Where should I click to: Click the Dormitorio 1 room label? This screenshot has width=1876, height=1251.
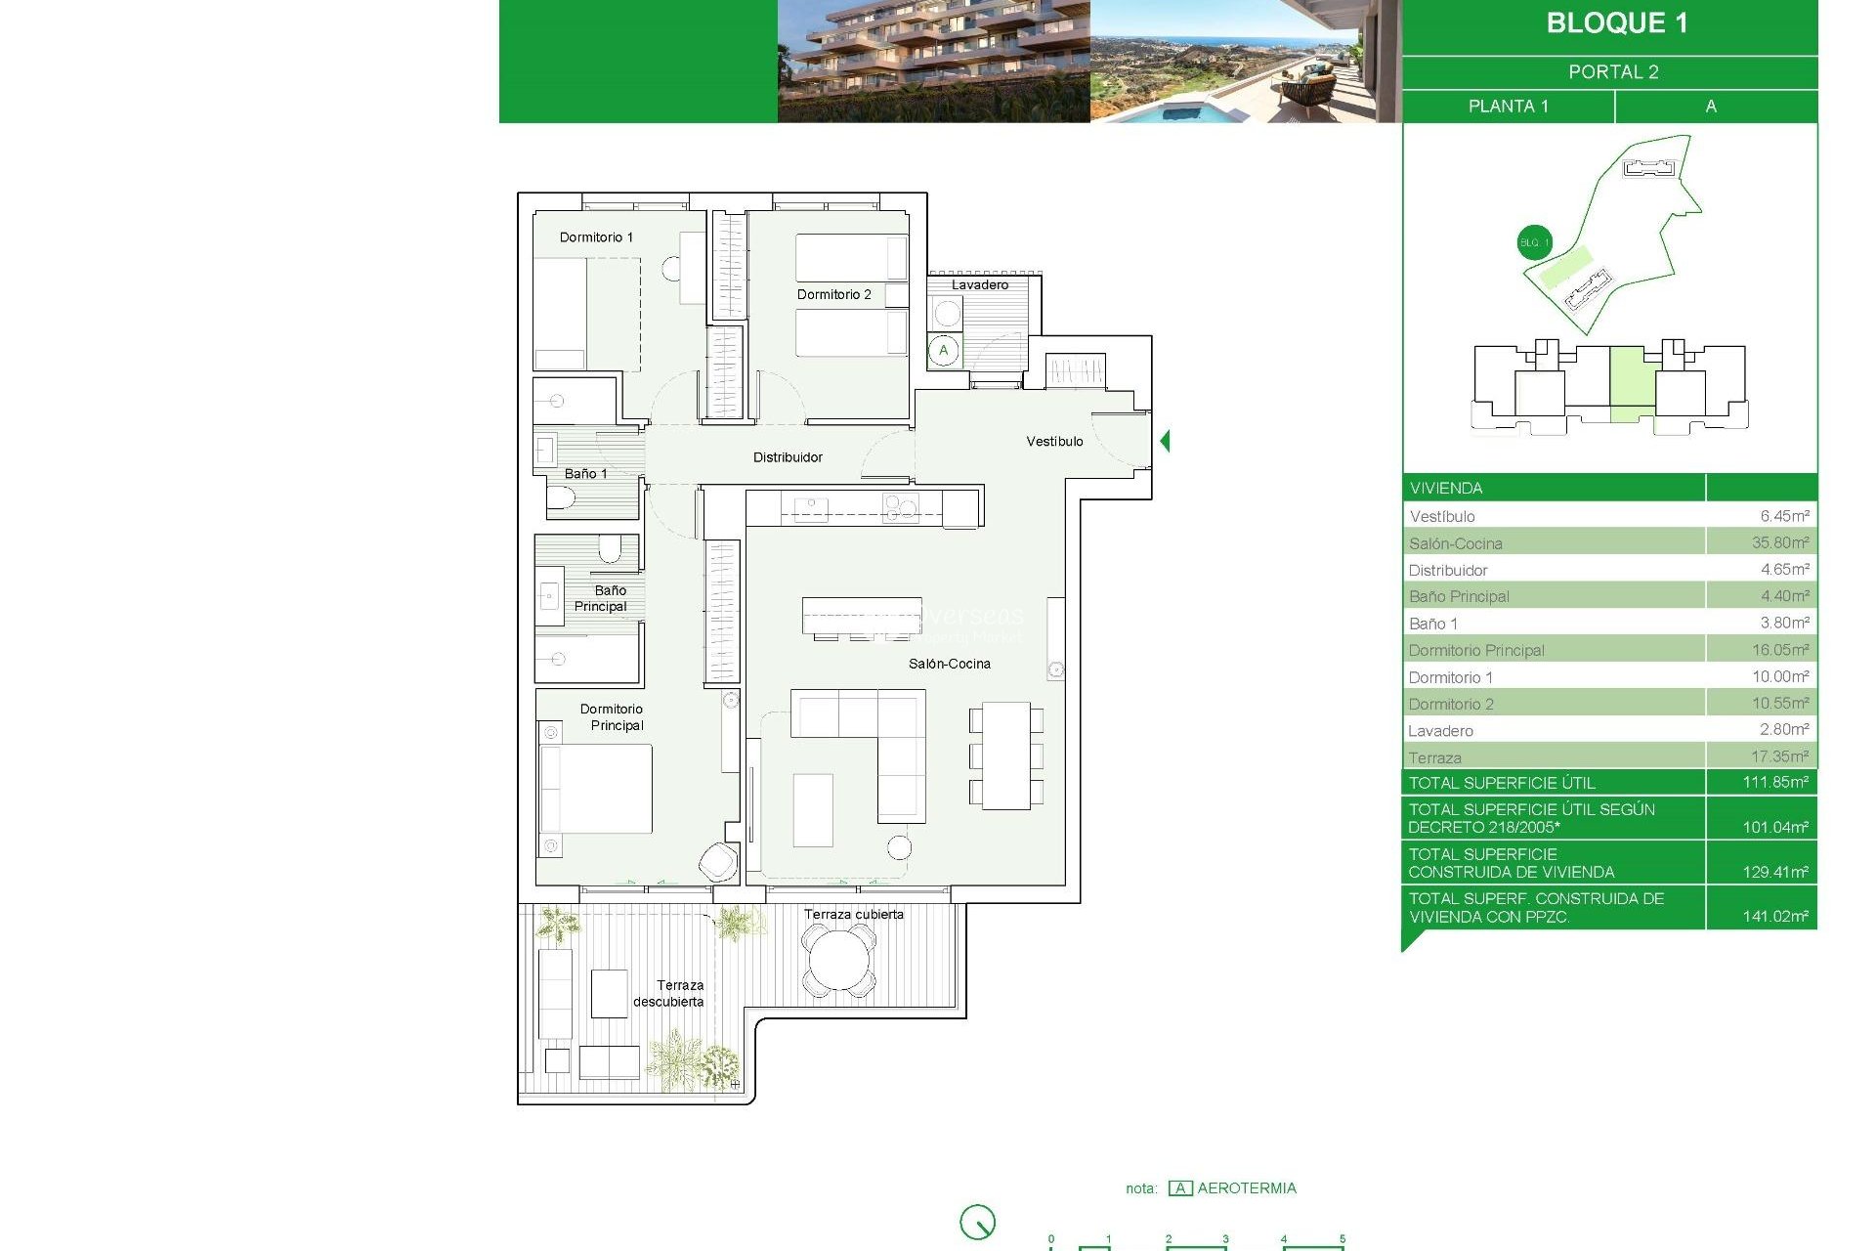pos(596,237)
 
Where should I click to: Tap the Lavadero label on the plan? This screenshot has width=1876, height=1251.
pos(980,284)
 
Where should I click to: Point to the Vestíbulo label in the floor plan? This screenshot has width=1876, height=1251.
pos(1054,442)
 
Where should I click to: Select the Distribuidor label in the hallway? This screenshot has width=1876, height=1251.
pos(788,457)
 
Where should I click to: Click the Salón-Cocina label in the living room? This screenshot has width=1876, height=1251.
pos(949,664)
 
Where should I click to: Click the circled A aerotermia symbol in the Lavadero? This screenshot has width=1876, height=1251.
pos(944,351)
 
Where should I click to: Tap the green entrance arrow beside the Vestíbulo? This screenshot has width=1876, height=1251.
pos(1165,441)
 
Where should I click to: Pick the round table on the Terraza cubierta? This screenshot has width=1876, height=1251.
pos(837,960)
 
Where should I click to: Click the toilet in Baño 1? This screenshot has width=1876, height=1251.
pos(561,499)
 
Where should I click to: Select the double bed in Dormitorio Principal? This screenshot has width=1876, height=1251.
pos(596,789)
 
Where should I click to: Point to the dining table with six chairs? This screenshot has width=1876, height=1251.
pos(1006,755)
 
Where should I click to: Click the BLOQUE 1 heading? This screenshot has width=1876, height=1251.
pos(1616,23)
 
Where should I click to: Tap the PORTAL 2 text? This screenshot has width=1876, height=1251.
pos(1613,72)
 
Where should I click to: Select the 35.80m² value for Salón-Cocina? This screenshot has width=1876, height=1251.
pos(1779,542)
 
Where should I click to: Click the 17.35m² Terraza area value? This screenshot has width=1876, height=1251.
pos(1779,756)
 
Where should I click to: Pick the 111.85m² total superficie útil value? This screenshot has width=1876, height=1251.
pos(1774,782)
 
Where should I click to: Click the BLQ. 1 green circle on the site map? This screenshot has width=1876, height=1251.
pos(1534,242)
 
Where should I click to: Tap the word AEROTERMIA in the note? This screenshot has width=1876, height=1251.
pos(1247,1188)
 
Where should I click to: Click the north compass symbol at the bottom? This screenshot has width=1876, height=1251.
pos(977,1222)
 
